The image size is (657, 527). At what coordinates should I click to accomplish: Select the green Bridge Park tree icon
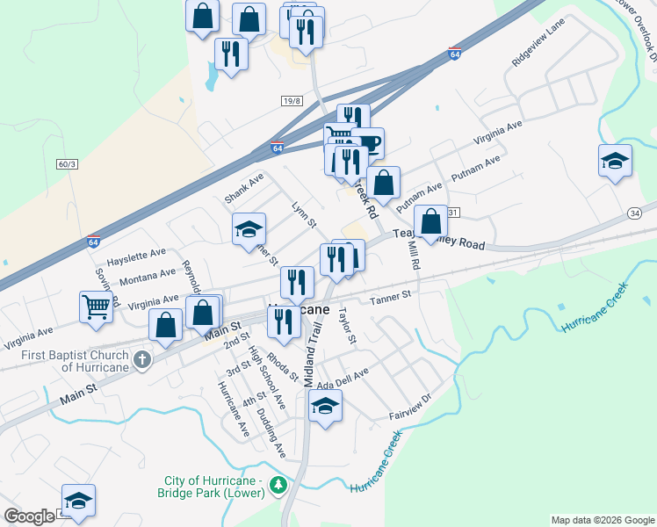pyautogui.click(x=278, y=485)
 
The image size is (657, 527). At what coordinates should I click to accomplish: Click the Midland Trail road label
pyautogui.click(x=314, y=351)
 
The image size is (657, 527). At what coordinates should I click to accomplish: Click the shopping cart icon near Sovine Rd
pyautogui.click(x=97, y=306)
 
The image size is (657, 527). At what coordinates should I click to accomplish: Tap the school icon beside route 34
pyautogui.click(x=615, y=160)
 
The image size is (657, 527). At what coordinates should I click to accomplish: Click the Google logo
pyautogui.click(x=29, y=516)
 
